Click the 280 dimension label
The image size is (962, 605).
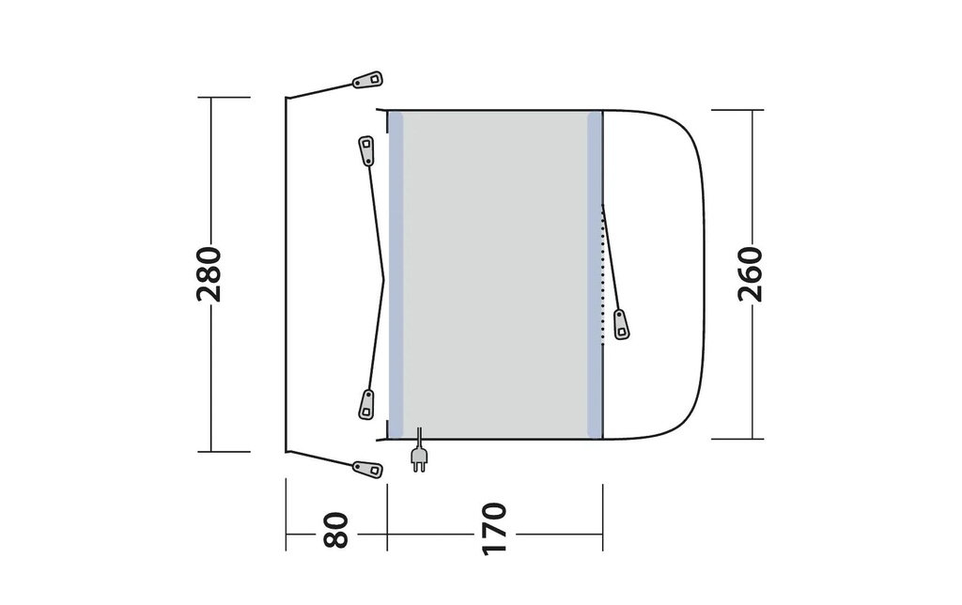tap(209, 274)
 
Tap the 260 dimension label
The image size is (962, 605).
tap(750, 274)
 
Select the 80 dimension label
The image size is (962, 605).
tap(335, 530)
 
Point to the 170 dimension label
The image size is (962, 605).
tap(494, 529)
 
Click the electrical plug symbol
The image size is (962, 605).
tap(419, 458)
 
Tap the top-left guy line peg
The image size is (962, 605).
tap(367, 81)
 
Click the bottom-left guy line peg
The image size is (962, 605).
tap(367, 470)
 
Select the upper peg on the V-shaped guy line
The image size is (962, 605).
tap(366, 150)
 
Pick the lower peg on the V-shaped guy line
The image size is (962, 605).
tap(366, 405)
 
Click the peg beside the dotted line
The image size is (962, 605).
tap(622, 325)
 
